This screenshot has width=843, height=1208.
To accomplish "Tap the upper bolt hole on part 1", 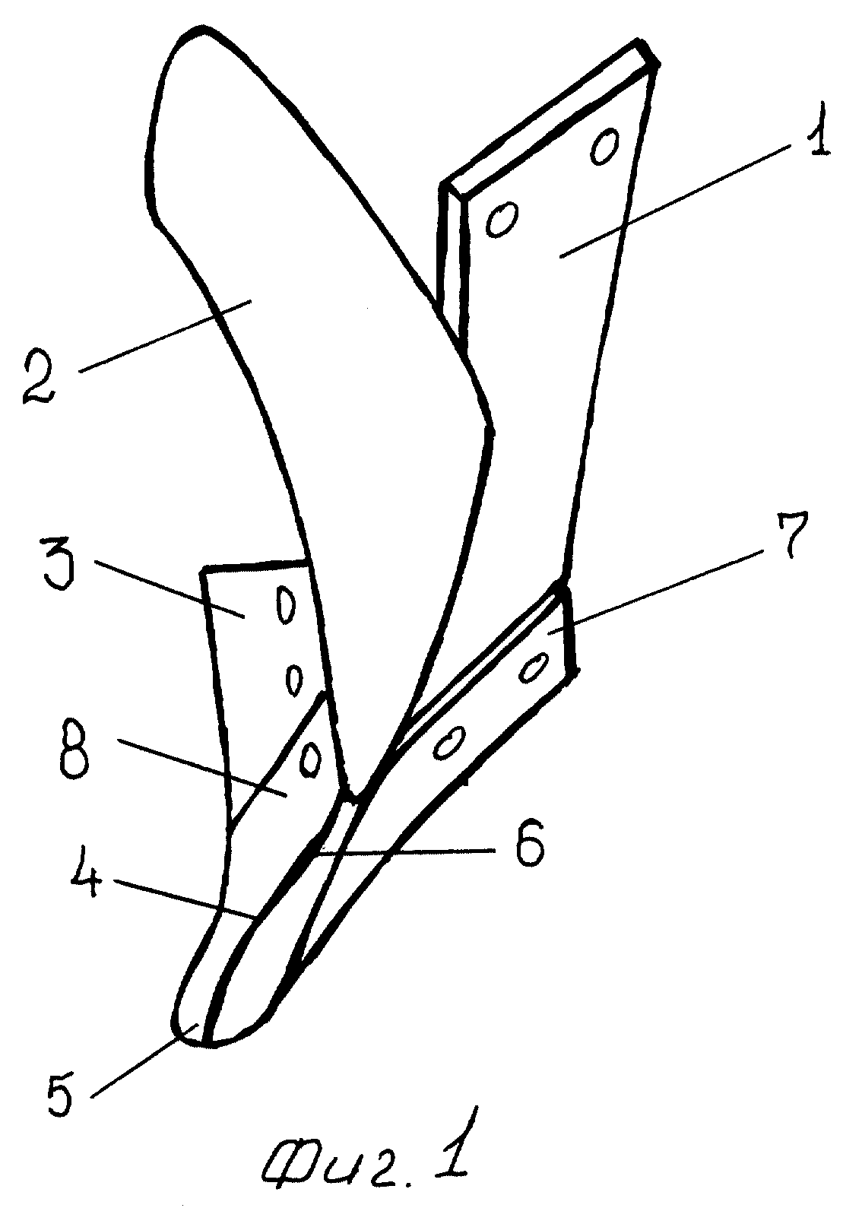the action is click(x=605, y=146).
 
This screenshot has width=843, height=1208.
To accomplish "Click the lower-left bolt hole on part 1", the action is click(x=501, y=220).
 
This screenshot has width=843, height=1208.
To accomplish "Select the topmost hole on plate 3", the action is click(x=285, y=605).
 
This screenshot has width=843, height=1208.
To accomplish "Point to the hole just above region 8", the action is click(x=310, y=759).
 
